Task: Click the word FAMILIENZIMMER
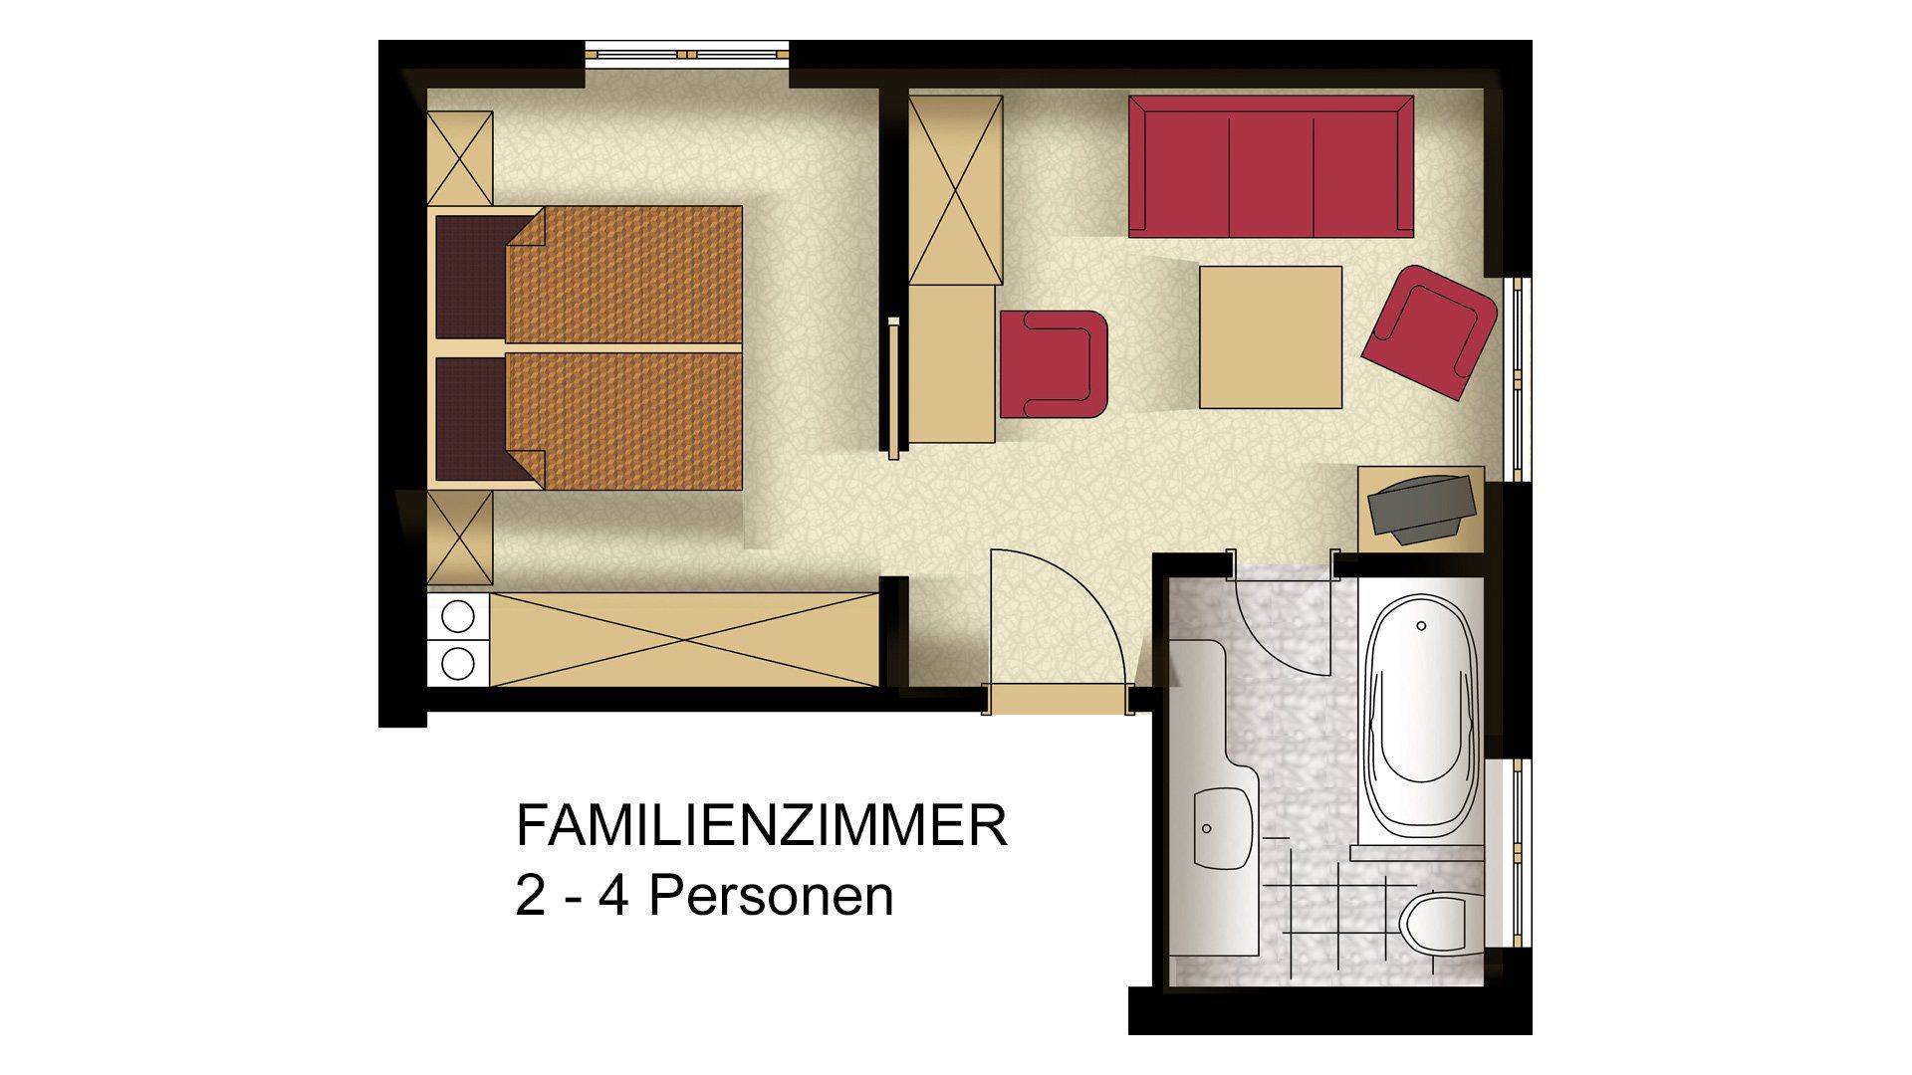coord(761,828)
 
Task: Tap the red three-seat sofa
coord(1271,167)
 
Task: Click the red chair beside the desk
coord(1054,363)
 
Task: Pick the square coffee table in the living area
coord(1270,337)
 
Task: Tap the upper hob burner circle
coord(458,617)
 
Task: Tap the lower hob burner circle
coord(458,663)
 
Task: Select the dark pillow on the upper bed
coord(472,276)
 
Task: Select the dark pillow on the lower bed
coord(472,418)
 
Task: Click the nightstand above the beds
coord(460,159)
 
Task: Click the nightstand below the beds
coord(460,538)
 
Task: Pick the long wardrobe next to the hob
coord(683,639)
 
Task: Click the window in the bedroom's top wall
coord(686,54)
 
